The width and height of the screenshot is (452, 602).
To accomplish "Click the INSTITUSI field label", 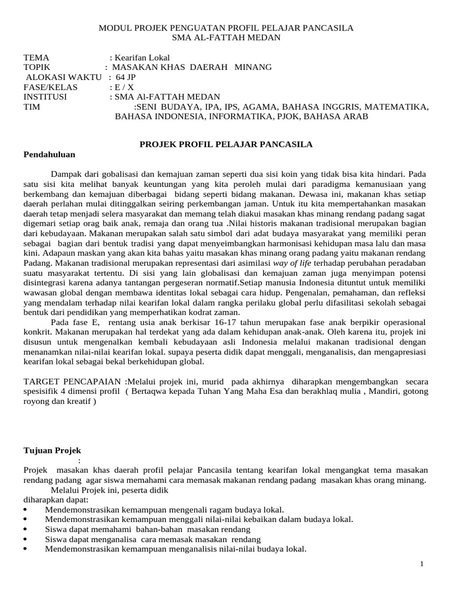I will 45,97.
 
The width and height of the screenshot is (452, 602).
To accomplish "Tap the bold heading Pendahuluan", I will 49,155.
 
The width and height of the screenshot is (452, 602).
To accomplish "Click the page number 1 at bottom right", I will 422,565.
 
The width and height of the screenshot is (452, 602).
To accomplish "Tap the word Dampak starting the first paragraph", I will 66,175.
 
